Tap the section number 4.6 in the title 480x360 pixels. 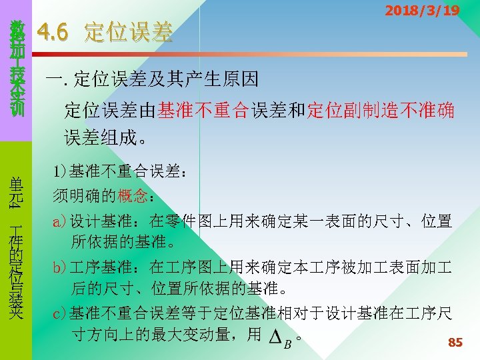point(55,31)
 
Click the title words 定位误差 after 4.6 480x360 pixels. point(128,31)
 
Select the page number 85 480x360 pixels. point(455,343)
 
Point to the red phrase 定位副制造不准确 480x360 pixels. point(381,110)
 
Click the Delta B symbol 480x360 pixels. point(280,338)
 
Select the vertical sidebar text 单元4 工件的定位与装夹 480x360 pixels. point(17,247)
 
